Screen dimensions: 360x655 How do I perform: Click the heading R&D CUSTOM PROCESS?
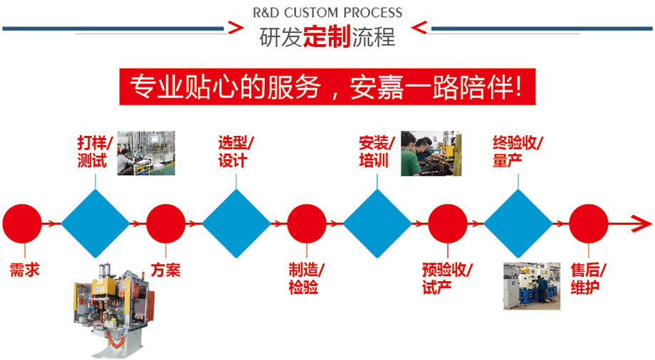pyautogui.click(x=327, y=12)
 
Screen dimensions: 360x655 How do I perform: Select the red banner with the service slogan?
pyautogui.click(x=327, y=86)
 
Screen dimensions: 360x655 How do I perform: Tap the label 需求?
pyautogui.click(x=24, y=270)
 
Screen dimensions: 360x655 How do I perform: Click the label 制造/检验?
pyautogui.click(x=307, y=278)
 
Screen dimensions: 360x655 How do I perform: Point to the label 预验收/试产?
pyautogui.click(x=447, y=278)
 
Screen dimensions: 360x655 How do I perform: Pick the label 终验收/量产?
pyautogui.click(x=518, y=152)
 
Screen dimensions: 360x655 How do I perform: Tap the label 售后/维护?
pyautogui.click(x=588, y=278)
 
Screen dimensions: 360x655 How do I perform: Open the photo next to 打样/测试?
pyautogui.click(x=146, y=152)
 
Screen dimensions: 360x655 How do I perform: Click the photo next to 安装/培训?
pyautogui.click(x=431, y=153)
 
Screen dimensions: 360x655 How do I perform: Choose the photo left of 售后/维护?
pyautogui.click(x=531, y=286)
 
